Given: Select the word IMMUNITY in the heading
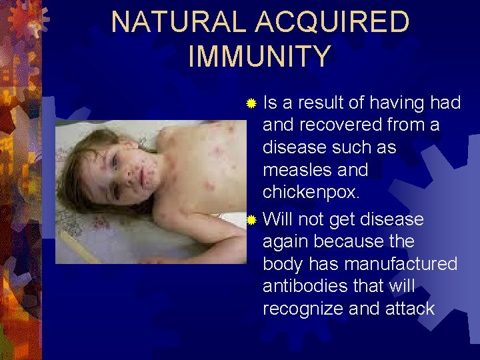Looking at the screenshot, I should coord(259,56).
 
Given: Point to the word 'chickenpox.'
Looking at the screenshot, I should coord(311,192).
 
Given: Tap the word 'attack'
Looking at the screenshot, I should coord(410,309).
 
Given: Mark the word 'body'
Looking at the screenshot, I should coord(283,263).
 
